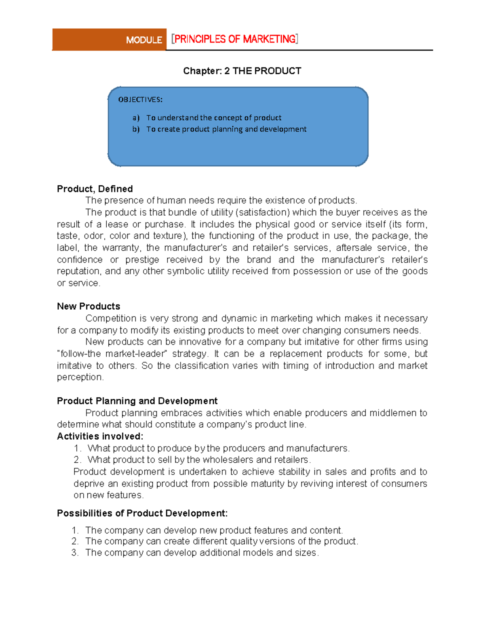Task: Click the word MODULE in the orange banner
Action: click(144, 40)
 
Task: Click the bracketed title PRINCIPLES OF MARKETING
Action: click(235, 39)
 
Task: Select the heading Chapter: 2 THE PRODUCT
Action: click(242, 71)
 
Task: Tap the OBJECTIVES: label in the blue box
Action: click(140, 100)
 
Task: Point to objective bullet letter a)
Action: click(136, 118)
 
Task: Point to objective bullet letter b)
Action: click(136, 129)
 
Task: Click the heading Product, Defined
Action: click(95, 189)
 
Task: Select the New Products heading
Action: click(89, 306)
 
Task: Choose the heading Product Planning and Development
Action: click(137, 401)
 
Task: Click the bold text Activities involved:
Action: click(100, 436)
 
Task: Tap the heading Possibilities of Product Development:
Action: click(142, 514)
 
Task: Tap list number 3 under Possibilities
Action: click(75, 553)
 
